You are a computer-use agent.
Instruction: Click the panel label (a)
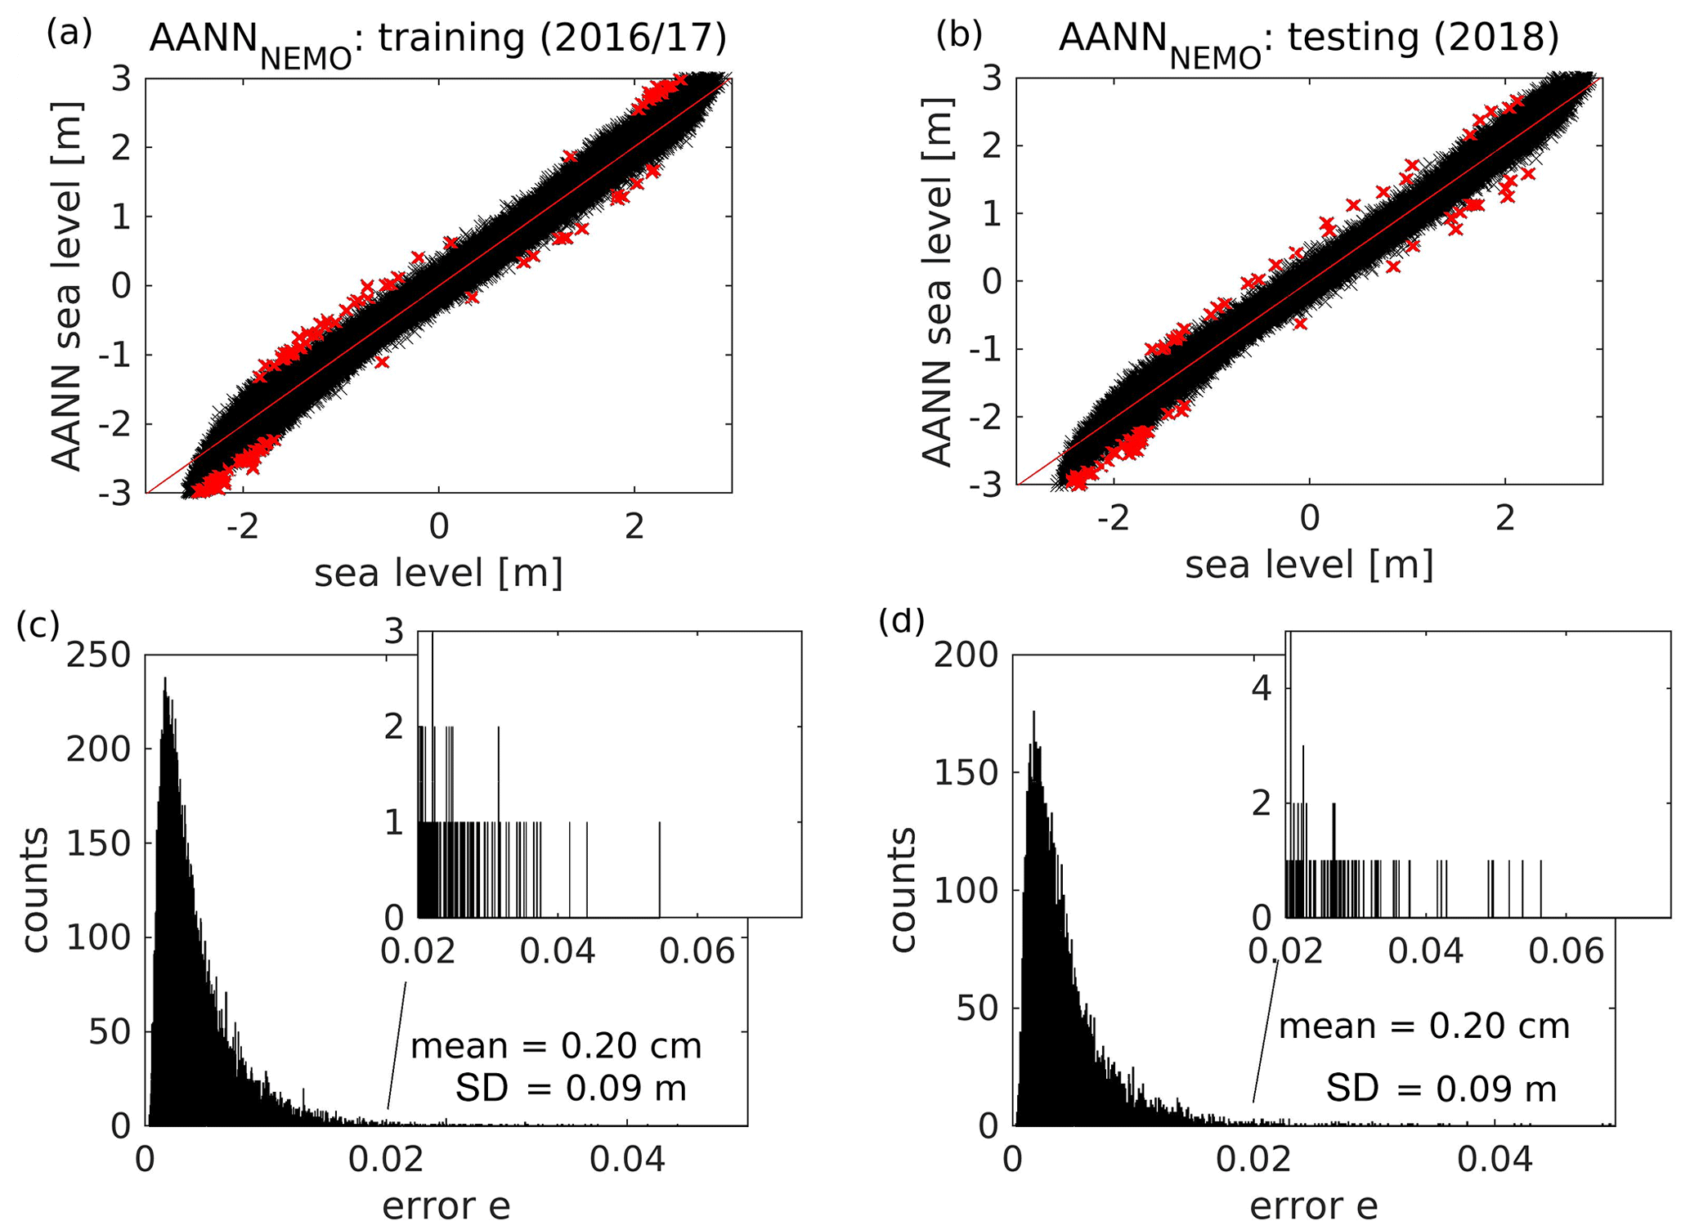(x=69, y=34)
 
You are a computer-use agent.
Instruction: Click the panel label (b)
(x=958, y=34)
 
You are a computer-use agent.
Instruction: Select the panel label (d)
(x=901, y=622)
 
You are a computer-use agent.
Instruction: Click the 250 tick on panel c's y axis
(x=99, y=655)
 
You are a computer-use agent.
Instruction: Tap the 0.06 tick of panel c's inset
(x=697, y=951)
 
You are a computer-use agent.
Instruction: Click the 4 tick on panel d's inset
(x=1262, y=689)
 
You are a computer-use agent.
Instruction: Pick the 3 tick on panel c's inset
(x=395, y=632)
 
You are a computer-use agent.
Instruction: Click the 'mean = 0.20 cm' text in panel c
(x=556, y=1046)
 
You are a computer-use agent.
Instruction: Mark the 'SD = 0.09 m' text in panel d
(x=1441, y=1089)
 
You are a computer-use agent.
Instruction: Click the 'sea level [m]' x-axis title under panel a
(x=439, y=573)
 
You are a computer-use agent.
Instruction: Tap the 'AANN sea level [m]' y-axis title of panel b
(x=938, y=282)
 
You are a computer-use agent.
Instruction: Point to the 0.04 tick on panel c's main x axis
(x=627, y=1161)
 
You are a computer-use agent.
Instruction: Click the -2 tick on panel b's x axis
(x=1113, y=519)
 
